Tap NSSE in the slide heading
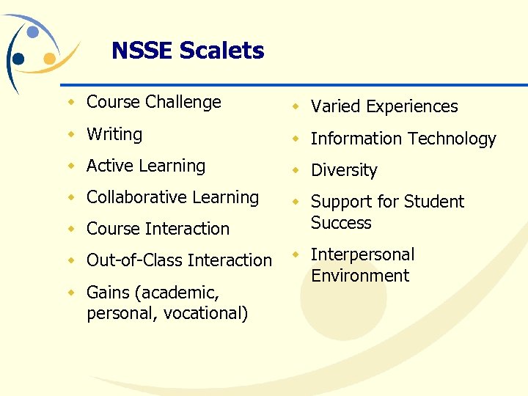[x=142, y=51]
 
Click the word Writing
[x=114, y=134]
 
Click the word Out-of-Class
[x=135, y=260]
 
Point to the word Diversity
[x=344, y=170]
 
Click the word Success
[x=341, y=223]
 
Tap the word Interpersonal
[x=362, y=254]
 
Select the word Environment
[x=360, y=276]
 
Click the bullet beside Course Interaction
[x=71, y=229]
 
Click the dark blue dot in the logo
[x=19, y=59]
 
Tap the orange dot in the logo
[x=50, y=58]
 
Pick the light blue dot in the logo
[x=33, y=32]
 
